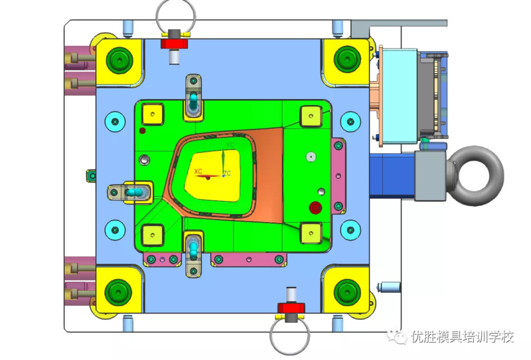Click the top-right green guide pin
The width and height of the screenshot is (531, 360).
(346, 59)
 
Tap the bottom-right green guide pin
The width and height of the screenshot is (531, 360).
(346, 290)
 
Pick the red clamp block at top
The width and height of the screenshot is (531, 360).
(175, 44)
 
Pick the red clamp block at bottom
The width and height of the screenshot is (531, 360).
(291, 307)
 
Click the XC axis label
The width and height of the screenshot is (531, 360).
(198, 171)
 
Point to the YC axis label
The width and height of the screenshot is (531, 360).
(230, 145)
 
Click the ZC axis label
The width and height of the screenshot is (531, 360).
(227, 173)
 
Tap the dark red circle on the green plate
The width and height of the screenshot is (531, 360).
(315, 208)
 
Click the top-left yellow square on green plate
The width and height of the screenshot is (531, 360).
(153, 114)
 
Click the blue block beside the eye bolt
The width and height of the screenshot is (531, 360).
(391, 176)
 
